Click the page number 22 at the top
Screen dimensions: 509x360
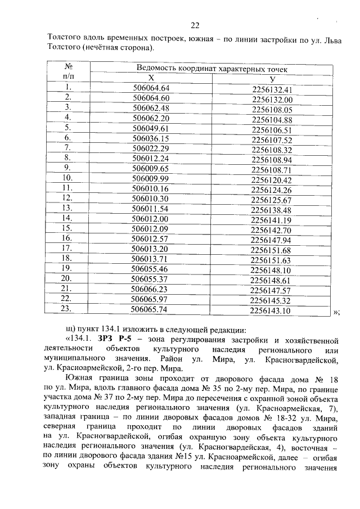tap(195, 25)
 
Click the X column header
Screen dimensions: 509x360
tap(151, 78)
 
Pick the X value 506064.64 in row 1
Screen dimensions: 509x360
tap(151, 88)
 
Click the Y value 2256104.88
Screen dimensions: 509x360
tap(272, 120)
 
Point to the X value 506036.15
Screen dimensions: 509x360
tap(150, 138)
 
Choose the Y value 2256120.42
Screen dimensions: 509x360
tap(272, 180)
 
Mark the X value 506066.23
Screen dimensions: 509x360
tap(150, 289)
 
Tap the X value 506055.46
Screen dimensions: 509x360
tap(150, 268)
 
